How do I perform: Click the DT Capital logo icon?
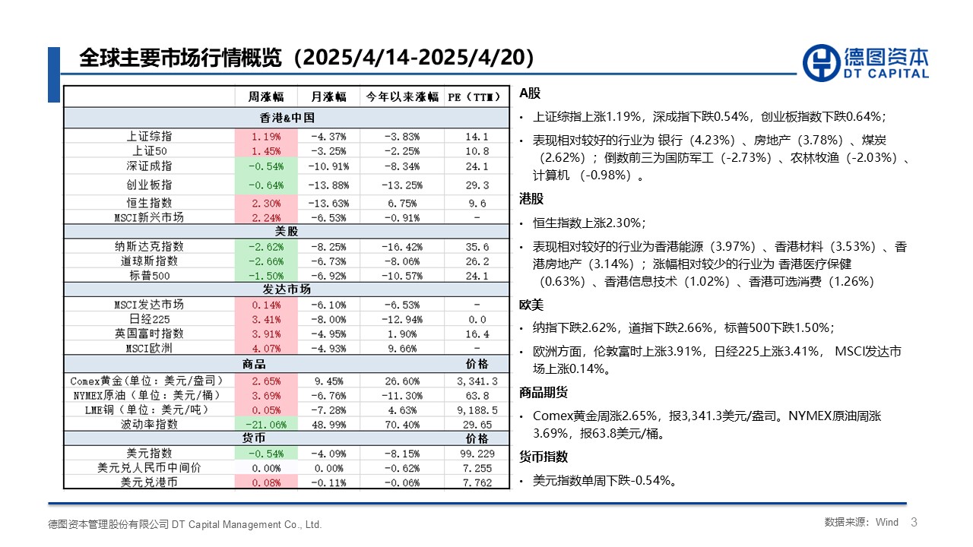821,62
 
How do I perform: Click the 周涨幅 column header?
265,96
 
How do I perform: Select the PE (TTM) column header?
476,96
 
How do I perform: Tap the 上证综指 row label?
149,137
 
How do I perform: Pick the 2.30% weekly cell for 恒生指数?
265,203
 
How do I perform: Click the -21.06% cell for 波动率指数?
265,424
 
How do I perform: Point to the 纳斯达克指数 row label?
149,246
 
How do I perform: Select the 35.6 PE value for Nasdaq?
476,246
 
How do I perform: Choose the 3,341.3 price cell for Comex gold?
476,381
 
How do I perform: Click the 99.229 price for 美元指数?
476,453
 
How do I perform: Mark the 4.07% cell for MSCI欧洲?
265,348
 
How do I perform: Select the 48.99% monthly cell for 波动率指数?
328,424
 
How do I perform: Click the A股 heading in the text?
530,93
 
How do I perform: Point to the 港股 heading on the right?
531,199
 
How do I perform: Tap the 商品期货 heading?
543,393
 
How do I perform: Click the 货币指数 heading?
543,457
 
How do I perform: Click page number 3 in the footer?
914,522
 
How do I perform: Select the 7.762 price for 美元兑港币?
476,482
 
